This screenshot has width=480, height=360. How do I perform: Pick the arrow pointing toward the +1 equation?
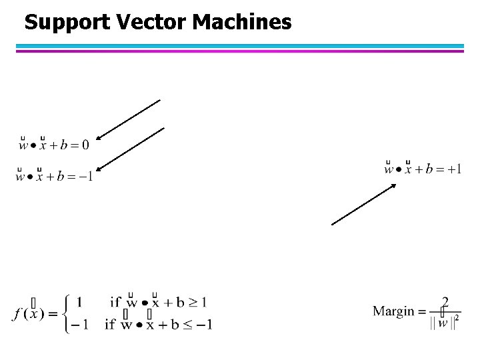coord(364,204)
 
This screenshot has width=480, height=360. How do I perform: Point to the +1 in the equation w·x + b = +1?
coord(453,169)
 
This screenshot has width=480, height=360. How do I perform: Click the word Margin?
coord(393,311)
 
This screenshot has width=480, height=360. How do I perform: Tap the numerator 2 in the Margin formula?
coord(445,301)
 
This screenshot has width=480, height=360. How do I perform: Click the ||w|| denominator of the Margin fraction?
coord(443,323)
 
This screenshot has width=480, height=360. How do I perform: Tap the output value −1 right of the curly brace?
coord(82,325)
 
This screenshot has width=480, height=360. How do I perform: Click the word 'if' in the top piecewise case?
coord(115,302)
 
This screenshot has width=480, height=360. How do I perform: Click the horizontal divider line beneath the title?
coord(240,48)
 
